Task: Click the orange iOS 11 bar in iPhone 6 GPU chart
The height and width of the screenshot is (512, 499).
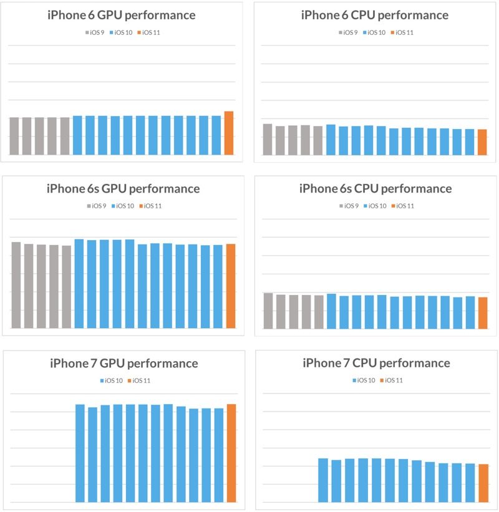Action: point(229,133)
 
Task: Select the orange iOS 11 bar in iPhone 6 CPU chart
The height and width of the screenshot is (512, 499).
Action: point(482,142)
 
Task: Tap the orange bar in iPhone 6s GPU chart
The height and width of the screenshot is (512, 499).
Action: point(231,286)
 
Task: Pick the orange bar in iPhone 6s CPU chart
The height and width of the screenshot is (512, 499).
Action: point(483,312)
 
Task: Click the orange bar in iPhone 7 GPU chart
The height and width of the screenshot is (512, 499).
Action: point(231,453)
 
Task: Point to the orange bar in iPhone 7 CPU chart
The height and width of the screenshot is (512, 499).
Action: point(483,483)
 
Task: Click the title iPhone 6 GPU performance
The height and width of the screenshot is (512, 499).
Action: point(122,15)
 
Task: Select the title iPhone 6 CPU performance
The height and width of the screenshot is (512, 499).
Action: point(374,15)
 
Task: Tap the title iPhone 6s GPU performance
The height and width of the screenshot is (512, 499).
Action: point(124,188)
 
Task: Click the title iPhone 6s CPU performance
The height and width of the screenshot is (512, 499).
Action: point(375,188)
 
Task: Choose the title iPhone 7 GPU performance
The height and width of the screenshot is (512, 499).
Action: point(124,363)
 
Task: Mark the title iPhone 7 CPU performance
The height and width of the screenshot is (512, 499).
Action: point(376,363)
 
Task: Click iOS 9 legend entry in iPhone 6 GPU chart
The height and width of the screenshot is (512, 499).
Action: point(95,32)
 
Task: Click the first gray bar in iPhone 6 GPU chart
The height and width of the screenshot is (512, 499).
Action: point(14,136)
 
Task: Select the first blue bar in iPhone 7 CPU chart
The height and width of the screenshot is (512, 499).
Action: point(323,480)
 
